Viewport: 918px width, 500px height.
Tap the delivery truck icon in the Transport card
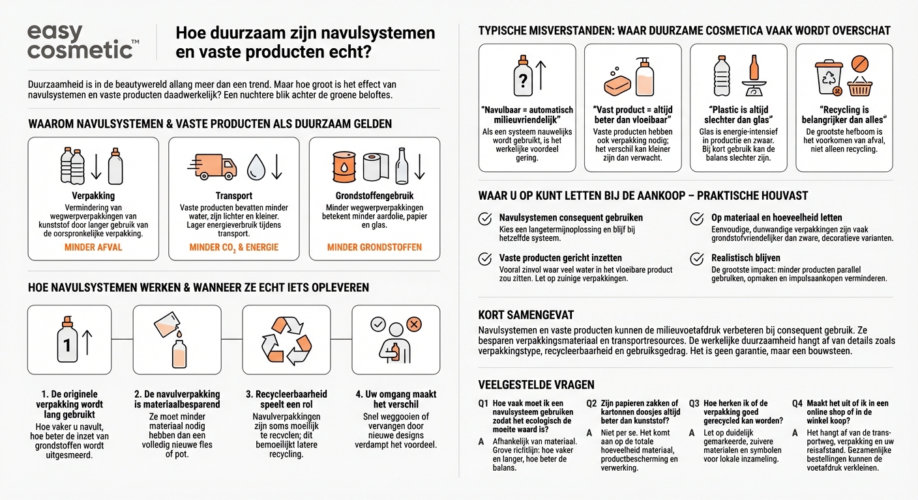pos(212,167)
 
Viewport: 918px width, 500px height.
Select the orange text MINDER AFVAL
pos(93,247)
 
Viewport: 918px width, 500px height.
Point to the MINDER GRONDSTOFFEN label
pos(374,247)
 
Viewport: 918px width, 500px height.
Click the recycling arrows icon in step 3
pos(286,340)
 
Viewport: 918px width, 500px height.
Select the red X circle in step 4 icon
pos(413,324)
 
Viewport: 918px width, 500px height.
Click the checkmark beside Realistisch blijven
pos(696,258)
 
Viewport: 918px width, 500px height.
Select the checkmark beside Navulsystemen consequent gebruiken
pos(484,218)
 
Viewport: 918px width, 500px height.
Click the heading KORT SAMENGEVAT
pos(526,315)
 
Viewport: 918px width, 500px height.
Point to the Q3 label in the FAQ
pos(694,404)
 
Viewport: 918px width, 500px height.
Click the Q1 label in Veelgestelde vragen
pos(483,404)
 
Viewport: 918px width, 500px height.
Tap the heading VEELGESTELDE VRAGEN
pos(536,385)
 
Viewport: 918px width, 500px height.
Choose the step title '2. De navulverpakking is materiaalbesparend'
pos(177,399)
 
